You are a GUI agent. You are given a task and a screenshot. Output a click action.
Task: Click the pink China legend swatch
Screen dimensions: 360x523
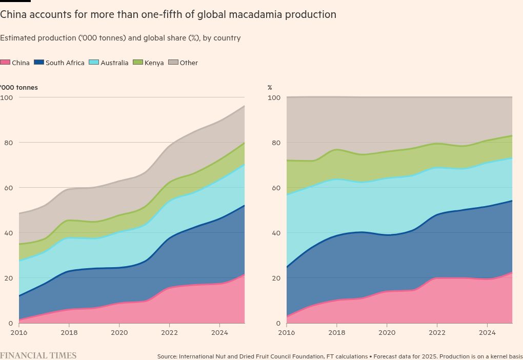(5, 63)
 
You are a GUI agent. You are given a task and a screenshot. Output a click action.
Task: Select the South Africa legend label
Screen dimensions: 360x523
(65, 63)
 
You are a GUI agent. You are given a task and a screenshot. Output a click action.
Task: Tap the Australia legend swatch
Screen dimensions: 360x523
(94, 63)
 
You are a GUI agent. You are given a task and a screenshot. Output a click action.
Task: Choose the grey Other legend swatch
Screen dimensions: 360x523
(174, 63)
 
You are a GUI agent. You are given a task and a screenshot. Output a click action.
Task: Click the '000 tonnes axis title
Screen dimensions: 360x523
(19, 88)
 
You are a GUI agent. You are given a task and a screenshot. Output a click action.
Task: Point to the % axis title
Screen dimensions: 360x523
(270, 88)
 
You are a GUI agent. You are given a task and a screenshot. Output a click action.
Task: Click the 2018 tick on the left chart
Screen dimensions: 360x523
(69, 332)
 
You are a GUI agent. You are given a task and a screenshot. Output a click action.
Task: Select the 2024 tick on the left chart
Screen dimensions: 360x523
(219, 332)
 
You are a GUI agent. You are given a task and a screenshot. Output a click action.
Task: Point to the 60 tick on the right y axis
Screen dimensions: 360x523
(275, 188)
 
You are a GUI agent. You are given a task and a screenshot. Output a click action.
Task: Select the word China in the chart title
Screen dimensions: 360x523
(13, 15)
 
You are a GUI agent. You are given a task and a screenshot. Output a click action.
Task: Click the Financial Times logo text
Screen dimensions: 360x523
(38, 355)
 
